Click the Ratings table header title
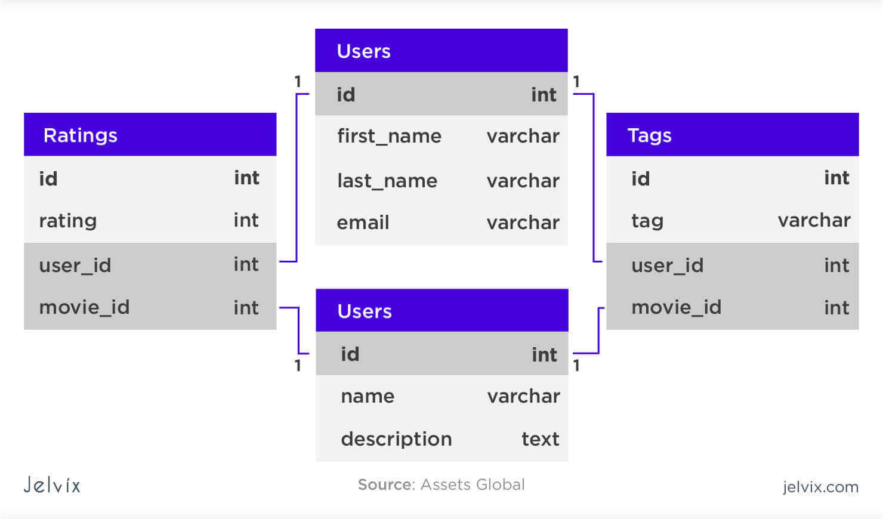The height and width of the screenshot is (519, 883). (x=80, y=135)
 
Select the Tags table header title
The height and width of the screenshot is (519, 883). (x=649, y=135)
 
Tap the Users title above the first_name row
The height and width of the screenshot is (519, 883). (x=363, y=51)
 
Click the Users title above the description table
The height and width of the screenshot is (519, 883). (x=365, y=311)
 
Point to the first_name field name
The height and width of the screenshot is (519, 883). (x=389, y=136)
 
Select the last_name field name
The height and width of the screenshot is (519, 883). (x=387, y=181)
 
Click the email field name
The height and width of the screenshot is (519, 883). (x=363, y=223)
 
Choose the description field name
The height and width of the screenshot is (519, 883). (x=396, y=439)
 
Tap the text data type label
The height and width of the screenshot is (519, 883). (x=540, y=439)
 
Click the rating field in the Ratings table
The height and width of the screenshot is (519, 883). (x=67, y=221)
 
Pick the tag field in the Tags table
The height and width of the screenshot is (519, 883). (x=647, y=221)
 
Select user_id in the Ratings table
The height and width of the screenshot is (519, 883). (x=75, y=265)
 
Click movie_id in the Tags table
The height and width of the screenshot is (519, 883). (x=676, y=307)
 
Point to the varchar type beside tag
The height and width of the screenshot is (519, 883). (x=814, y=220)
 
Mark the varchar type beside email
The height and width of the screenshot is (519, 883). (x=523, y=223)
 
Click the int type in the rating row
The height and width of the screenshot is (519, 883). (x=246, y=220)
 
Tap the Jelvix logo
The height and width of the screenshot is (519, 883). (x=52, y=484)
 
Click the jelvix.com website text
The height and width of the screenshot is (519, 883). (x=820, y=487)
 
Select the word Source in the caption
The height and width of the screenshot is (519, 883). (x=385, y=484)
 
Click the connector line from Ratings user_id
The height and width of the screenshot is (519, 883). (x=296, y=179)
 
